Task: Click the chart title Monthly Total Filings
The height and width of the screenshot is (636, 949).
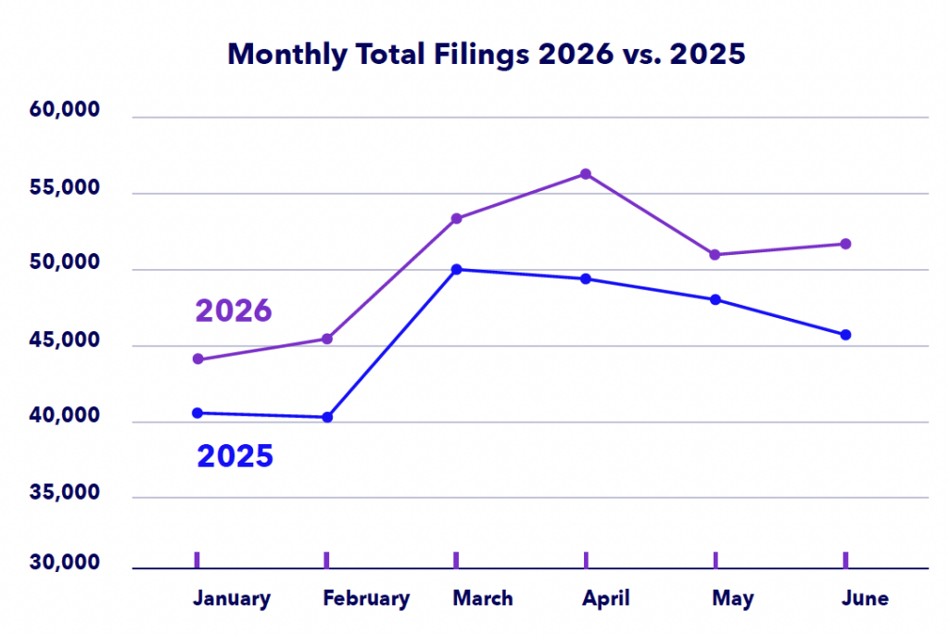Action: click(x=378, y=55)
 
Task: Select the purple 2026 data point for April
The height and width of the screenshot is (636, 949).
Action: click(x=586, y=174)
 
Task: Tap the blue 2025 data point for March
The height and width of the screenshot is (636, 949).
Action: click(x=456, y=269)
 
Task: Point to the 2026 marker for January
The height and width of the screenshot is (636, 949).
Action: click(x=198, y=359)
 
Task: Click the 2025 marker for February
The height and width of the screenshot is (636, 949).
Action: click(x=327, y=417)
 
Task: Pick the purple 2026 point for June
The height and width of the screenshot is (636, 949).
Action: click(x=845, y=244)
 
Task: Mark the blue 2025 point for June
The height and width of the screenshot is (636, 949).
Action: click(x=845, y=335)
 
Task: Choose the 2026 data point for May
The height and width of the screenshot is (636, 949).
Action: click(x=715, y=254)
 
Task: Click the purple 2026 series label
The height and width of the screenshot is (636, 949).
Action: click(x=233, y=311)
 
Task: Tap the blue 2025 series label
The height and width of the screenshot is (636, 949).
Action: click(x=234, y=456)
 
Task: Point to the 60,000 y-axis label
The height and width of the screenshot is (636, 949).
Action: click(x=64, y=109)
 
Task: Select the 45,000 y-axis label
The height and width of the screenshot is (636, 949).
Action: click(x=64, y=340)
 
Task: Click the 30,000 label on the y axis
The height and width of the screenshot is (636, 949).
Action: click(x=64, y=562)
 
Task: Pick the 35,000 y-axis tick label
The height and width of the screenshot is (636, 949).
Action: click(x=64, y=492)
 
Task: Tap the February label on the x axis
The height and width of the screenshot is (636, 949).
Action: click(x=366, y=599)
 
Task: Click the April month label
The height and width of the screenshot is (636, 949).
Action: click(x=606, y=599)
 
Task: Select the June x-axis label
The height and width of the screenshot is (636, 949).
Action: click(x=866, y=598)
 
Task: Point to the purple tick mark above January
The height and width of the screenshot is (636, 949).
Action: click(x=197, y=560)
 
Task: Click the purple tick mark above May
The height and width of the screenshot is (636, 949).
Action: click(x=715, y=560)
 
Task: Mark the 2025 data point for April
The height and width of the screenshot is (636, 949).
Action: click(x=586, y=279)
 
